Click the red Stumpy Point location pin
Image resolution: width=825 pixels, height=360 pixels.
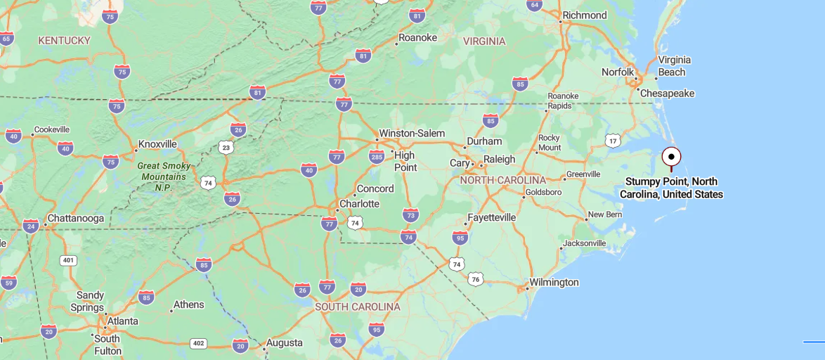pyautogui.click(x=671, y=157)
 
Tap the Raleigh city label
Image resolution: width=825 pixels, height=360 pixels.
pyautogui.click(x=500, y=160)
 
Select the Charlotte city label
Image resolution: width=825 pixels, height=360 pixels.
pyautogui.click(x=359, y=204)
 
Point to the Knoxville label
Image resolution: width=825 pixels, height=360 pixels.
pyautogui.click(x=157, y=144)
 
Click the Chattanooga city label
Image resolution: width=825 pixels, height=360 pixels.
pyautogui.click(x=76, y=219)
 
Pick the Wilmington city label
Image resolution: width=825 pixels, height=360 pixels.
pyautogui.click(x=554, y=283)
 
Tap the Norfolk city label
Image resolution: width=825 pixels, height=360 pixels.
pyautogui.click(x=618, y=72)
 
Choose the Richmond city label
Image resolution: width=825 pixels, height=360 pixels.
pyautogui.click(x=584, y=15)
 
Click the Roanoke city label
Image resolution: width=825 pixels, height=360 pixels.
pyautogui.click(x=417, y=38)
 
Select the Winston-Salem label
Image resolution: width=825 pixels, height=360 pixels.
pyautogui.click(x=412, y=134)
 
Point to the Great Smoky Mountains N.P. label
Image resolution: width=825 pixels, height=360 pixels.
pyautogui.click(x=162, y=176)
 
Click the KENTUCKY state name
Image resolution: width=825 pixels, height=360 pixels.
pyautogui.click(x=64, y=41)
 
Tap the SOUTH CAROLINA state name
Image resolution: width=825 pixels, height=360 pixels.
pyautogui.click(x=358, y=307)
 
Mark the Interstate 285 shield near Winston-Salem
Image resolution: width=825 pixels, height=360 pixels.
pyautogui.click(x=377, y=155)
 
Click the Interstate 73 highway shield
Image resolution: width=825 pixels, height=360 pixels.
pyautogui.click(x=411, y=214)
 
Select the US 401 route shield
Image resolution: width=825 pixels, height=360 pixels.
pyautogui.click(x=68, y=260)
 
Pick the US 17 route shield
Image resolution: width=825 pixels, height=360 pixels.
pyautogui.click(x=613, y=141)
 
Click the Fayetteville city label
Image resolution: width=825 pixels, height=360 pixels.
pyautogui.click(x=492, y=218)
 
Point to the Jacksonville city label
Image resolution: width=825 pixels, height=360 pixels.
pyautogui.click(x=585, y=243)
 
